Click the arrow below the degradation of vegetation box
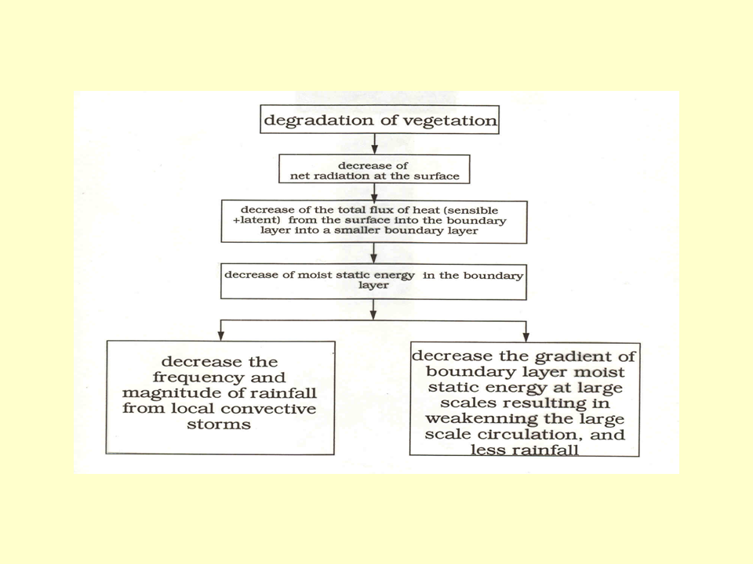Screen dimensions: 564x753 [x=374, y=143]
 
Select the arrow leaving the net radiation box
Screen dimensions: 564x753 [x=374, y=193]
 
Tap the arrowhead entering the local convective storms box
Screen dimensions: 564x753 [x=221, y=334]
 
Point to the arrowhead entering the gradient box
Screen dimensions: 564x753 [x=525, y=334]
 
